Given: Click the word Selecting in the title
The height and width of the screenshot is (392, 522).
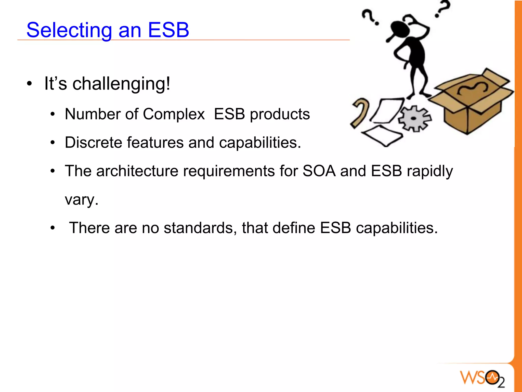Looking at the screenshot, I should pos(69,30).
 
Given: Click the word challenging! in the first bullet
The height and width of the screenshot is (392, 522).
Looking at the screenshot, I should pos(121,84).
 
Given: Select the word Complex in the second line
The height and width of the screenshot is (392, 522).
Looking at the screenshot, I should pos(174,114).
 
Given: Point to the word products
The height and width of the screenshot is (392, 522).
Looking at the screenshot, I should pos(280,115).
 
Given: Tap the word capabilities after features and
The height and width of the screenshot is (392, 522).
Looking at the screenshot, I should pos(260,143).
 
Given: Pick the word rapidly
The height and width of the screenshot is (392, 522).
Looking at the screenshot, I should pos(430,171).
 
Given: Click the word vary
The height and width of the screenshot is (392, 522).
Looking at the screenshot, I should pos(81,200).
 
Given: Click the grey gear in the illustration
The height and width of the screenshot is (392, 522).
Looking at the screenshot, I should pos(414,119).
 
